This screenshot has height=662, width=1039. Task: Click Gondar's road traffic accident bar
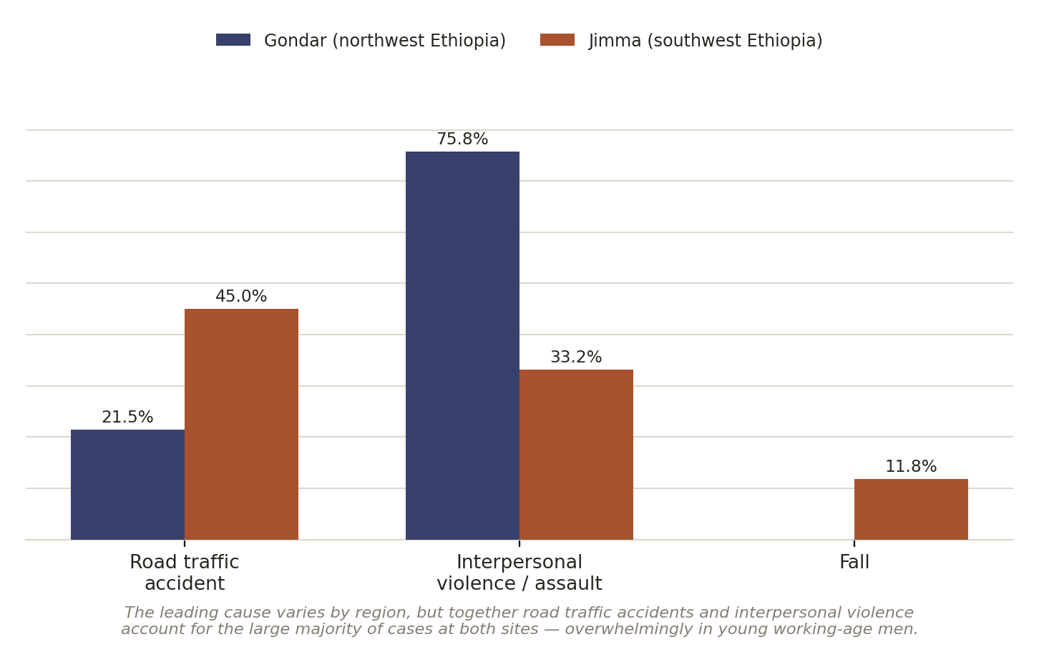click(x=127, y=485)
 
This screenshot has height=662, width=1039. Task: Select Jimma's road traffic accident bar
click(x=241, y=425)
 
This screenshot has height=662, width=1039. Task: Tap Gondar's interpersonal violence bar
click(x=462, y=345)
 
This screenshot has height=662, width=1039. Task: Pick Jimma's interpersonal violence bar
click(x=576, y=455)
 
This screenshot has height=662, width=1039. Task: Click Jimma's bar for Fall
click(x=911, y=510)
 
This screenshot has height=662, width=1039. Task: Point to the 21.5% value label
click(x=127, y=417)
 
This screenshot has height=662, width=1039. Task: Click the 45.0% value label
click(x=241, y=296)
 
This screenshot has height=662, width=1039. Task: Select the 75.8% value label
click(x=462, y=139)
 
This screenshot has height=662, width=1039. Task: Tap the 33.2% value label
click(x=576, y=357)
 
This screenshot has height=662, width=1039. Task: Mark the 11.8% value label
click(x=911, y=466)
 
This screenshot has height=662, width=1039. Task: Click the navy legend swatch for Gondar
click(x=233, y=40)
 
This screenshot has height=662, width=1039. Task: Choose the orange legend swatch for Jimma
click(x=557, y=40)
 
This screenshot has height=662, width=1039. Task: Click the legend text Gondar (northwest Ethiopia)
click(x=385, y=41)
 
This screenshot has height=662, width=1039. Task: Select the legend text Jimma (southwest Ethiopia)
click(x=706, y=41)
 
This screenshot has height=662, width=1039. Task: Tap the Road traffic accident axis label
click(x=185, y=573)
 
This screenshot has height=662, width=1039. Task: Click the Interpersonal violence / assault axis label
click(x=519, y=573)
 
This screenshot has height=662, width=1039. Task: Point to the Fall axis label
click(x=854, y=562)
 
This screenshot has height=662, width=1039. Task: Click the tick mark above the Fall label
click(x=854, y=543)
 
